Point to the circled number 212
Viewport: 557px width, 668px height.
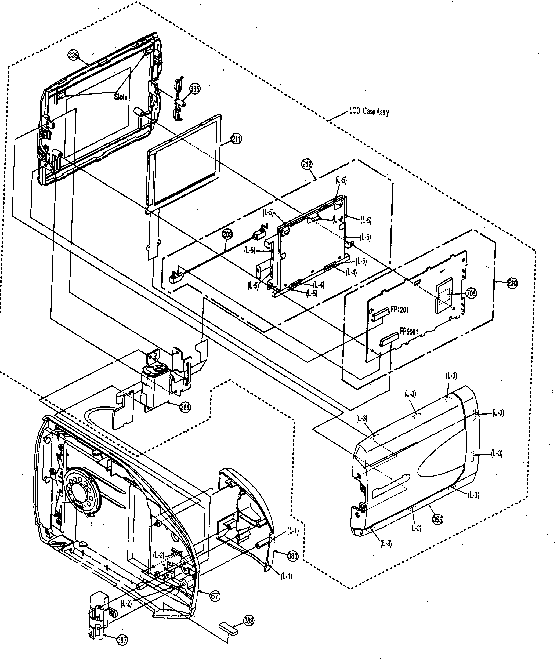tap(307, 164)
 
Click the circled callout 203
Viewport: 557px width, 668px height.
tap(227, 235)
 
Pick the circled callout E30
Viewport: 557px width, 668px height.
tap(512, 283)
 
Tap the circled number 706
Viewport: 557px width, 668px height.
tap(471, 293)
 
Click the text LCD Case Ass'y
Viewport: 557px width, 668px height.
tap(369, 111)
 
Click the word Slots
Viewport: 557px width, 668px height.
tap(121, 97)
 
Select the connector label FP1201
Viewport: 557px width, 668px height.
tap(399, 310)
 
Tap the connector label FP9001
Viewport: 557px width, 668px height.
tap(408, 332)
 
